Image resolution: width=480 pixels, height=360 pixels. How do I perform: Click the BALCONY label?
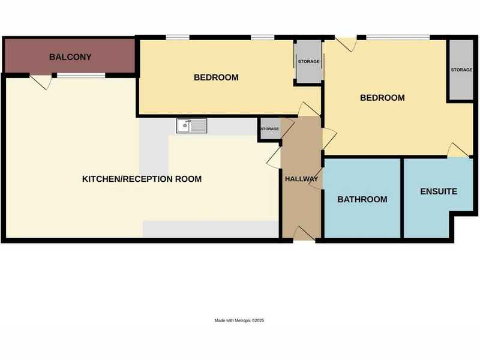(x=70, y=57)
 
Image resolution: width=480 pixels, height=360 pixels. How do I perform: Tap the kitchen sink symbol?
(x=191, y=126)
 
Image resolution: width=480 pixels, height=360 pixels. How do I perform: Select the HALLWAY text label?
(x=302, y=179)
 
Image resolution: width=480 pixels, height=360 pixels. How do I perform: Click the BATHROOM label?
(x=362, y=199)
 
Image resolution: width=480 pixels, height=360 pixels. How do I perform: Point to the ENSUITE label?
(x=439, y=191)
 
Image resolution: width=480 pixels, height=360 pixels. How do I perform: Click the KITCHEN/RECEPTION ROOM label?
(x=142, y=179)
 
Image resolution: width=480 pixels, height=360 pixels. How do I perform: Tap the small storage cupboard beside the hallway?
(x=269, y=129)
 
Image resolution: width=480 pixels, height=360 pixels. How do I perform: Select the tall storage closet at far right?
(x=461, y=70)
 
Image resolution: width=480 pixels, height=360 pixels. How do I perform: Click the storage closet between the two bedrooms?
(x=308, y=61)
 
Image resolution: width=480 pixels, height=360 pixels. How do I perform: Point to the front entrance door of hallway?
(x=304, y=234)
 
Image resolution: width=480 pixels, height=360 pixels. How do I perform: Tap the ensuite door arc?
(x=458, y=150)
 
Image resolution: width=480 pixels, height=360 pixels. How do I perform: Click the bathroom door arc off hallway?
(x=316, y=178)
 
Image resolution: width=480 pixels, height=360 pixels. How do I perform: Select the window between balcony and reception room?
(x=81, y=76)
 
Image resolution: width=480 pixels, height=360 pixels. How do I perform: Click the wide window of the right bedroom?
(x=398, y=38)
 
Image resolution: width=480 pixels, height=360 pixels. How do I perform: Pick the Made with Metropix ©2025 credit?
(x=239, y=320)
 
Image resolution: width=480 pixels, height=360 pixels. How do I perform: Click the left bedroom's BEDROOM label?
(x=216, y=77)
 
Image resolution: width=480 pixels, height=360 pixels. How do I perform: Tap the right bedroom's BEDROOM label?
(x=382, y=98)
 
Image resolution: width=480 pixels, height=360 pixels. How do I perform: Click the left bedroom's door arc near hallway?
(x=309, y=109)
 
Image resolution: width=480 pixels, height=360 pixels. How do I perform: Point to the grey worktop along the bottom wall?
(x=211, y=229)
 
